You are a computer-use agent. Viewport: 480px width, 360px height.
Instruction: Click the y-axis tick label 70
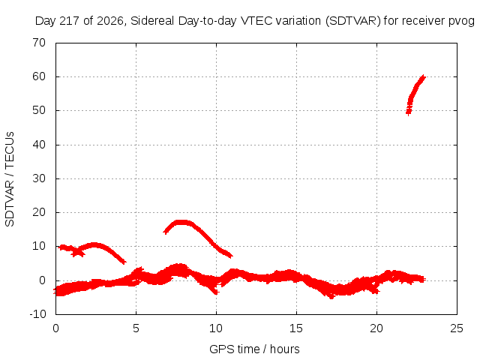(x=39, y=43)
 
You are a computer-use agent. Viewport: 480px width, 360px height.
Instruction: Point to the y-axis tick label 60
(x=39, y=76)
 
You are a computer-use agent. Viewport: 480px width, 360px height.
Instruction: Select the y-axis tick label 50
(x=39, y=110)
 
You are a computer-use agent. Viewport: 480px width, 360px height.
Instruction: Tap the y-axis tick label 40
(x=39, y=145)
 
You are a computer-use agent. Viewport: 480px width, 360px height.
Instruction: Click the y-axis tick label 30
(x=39, y=178)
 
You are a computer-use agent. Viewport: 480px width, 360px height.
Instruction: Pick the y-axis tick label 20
(x=39, y=212)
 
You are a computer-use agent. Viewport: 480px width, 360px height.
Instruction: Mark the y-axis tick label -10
(x=37, y=314)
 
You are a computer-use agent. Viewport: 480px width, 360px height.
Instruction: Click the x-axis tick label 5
(x=136, y=328)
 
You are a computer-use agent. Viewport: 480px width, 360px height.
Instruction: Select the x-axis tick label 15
(x=296, y=328)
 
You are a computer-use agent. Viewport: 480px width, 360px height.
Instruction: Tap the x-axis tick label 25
(x=457, y=328)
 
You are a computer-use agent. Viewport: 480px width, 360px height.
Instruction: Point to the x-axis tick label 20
(x=376, y=328)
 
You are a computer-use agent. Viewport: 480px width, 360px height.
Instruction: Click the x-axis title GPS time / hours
(x=254, y=349)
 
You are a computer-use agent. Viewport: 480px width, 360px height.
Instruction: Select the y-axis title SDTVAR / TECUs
(x=10, y=179)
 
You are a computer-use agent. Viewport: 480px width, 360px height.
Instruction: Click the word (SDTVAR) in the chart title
(x=353, y=21)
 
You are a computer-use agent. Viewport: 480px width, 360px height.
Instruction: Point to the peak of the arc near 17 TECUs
(x=181, y=222)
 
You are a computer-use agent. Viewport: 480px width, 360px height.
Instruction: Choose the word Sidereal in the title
(x=152, y=21)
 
